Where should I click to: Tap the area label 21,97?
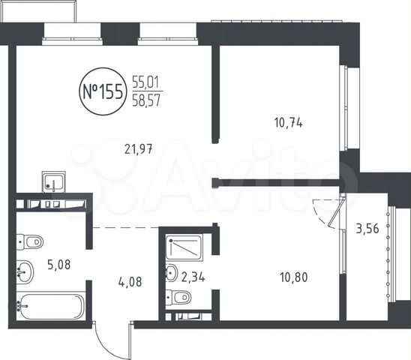[x=139, y=149]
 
